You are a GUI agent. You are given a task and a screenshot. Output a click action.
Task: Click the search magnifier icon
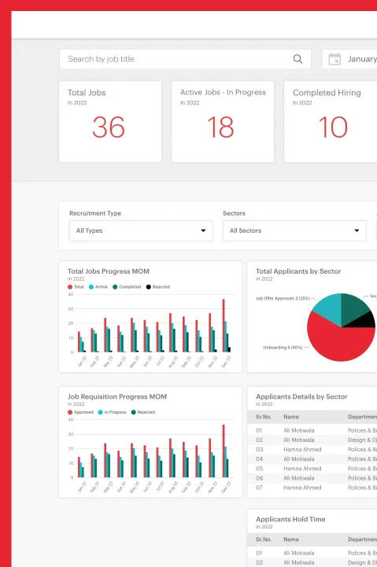298,59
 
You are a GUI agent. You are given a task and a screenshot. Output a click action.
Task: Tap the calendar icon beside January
334,59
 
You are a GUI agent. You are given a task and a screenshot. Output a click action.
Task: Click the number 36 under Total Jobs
109,127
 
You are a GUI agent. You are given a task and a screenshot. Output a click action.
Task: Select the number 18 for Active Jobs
220,127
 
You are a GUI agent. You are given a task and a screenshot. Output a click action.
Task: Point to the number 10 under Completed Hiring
333,127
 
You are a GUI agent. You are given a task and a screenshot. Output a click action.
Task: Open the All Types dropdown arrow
203,231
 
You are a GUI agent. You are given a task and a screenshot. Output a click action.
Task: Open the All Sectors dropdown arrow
357,231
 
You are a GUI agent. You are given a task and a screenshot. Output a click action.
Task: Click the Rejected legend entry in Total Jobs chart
157,287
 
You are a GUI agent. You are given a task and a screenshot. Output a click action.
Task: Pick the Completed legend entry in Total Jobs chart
127,287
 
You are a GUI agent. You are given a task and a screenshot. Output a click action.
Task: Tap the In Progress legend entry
113,412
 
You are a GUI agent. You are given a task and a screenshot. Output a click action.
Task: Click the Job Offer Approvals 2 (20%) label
283,299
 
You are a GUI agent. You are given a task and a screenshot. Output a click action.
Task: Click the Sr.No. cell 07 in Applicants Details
259,488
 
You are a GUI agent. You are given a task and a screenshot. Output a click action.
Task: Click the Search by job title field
173,59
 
